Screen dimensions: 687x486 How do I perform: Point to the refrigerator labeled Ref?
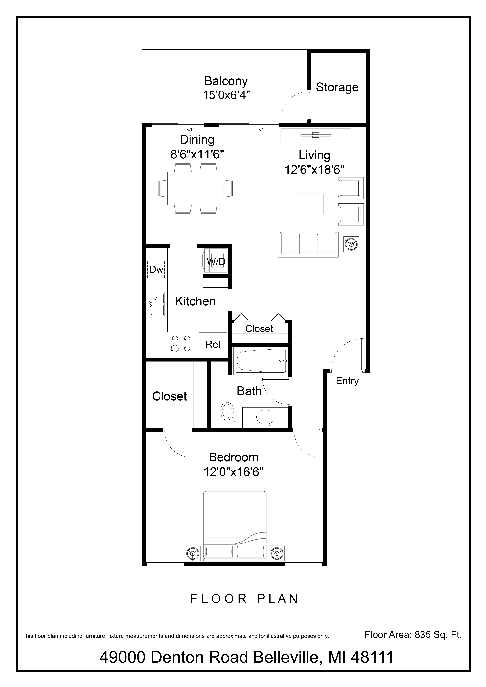(213, 344)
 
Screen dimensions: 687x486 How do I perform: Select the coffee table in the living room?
(308, 204)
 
